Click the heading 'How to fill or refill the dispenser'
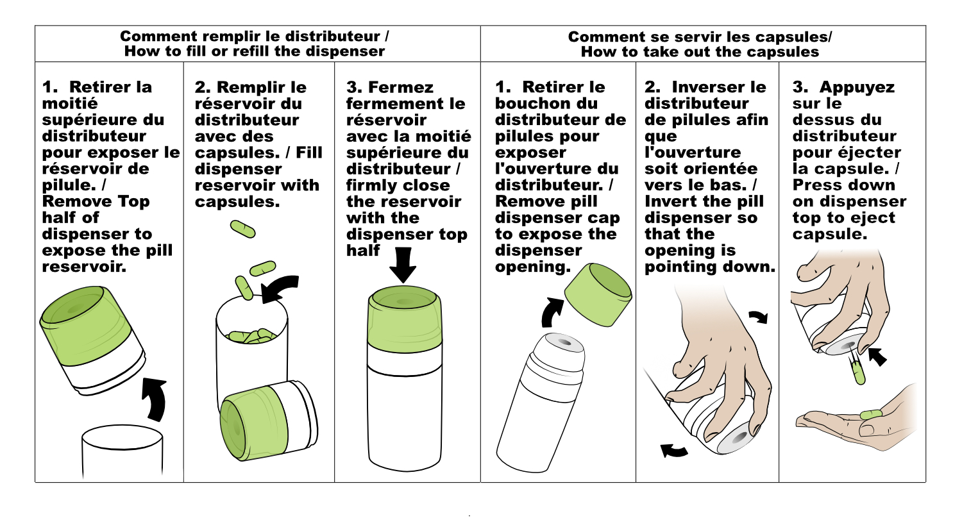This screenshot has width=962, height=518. pos(255,51)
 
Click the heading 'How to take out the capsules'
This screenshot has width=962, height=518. pos(700,52)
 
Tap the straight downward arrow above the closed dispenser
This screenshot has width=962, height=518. pos(403,265)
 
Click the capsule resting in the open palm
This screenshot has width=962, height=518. pos(871,415)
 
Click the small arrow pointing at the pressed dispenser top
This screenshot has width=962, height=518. pos(877,356)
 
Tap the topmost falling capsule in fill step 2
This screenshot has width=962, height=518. pos(242,229)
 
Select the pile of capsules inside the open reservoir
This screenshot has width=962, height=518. pos(251,336)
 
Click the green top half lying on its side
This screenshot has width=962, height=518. pos(269,420)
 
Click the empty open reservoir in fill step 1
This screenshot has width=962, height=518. pos(122,451)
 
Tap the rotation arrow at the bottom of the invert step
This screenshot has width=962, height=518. pos(674,450)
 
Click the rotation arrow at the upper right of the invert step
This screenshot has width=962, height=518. pos(759,317)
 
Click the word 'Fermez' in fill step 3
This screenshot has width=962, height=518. pos(401,87)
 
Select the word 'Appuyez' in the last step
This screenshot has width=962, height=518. pos(857,88)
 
